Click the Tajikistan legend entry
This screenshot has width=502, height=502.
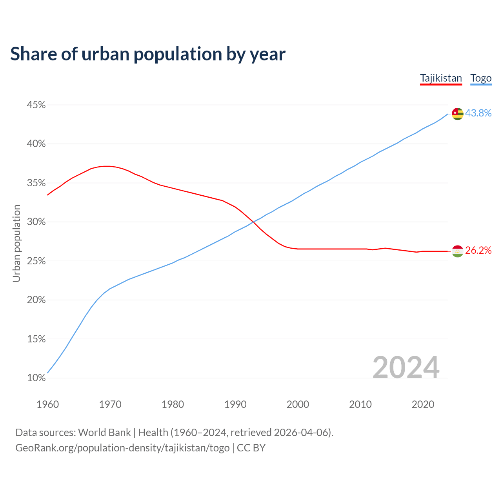pyautogui.click(x=441, y=78)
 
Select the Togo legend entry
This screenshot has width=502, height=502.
pyautogui.click(x=481, y=78)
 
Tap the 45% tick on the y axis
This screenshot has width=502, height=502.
pyautogui.click(x=36, y=105)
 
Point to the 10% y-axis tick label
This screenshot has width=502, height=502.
pyautogui.click(x=36, y=378)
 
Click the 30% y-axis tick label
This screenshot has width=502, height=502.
pyautogui.click(x=36, y=222)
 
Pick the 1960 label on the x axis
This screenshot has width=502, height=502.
pyautogui.click(x=47, y=404)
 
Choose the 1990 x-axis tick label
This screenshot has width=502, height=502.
pyautogui.click(x=235, y=404)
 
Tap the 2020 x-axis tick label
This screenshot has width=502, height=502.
pyautogui.click(x=423, y=404)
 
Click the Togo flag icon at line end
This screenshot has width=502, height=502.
pyautogui.click(x=457, y=114)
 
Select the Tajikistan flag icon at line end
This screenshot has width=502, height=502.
pyautogui.click(x=457, y=251)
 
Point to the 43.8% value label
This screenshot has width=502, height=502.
pyautogui.click(x=478, y=113)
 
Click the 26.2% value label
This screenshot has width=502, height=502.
pyautogui.click(x=478, y=250)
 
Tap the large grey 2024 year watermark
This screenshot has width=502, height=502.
pyautogui.click(x=406, y=367)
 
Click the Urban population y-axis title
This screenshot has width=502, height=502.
pyautogui.click(x=16, y=243)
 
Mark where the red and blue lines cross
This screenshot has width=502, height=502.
pyautogui.click(x=253, y=222)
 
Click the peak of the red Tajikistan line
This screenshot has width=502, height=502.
pyautogui.click(x=107, y=166)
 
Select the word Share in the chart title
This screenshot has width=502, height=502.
pyautogui.click(x=33, y=54)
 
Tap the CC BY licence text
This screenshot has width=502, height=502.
pyautogui.click(x=251, y=448)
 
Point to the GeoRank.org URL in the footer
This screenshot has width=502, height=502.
pyautogui.click(x=122, y=448)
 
